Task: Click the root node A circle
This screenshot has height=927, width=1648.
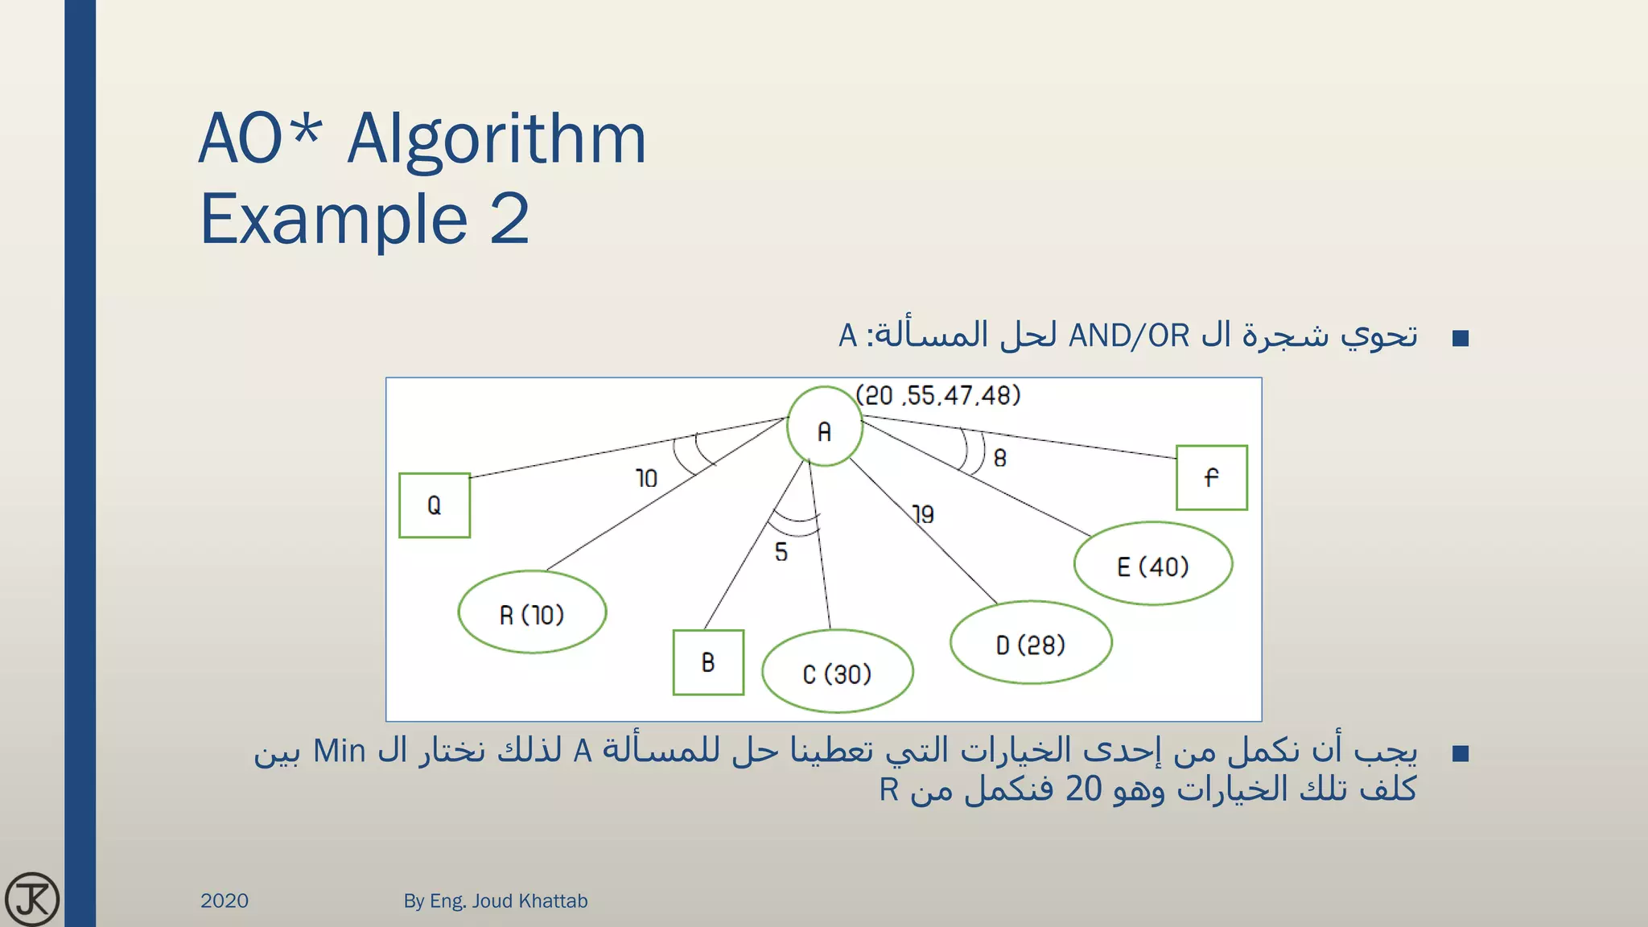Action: coord(824,427)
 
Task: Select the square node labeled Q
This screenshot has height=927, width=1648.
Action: coord(435,505)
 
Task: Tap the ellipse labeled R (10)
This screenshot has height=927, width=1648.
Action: coord(532,613)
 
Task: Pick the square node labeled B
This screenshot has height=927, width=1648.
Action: coord(708,662)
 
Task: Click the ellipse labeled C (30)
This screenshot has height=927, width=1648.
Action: coord(837,672)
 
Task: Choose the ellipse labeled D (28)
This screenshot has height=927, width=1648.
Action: coord(1031,644)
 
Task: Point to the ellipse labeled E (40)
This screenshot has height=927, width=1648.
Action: coord(1152,565)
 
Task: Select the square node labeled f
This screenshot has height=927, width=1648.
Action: coord(1211,478)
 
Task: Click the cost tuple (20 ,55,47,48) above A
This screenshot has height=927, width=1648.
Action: coord(938,395)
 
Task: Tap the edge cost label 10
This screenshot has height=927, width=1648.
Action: coord(646,479)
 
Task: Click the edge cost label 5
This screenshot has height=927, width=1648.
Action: coord(781,552)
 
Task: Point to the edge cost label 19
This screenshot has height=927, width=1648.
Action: coord(923,514)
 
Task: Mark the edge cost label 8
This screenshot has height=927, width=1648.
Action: coord(1000,458)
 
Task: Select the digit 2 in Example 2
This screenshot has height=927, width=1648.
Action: coord(509,219)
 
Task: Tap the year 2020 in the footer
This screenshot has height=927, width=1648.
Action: coord(225,900)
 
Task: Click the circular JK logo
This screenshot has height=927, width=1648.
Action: coord(32,899)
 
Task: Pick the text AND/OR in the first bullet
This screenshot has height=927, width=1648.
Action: coord(1128,336)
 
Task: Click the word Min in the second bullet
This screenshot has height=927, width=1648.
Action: coord(339,751)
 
